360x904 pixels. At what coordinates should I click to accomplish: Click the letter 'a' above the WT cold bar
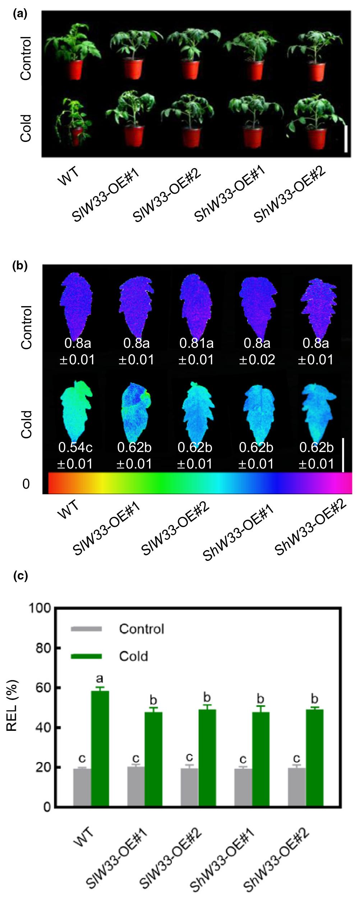pyautogui.click(x=100, y=678)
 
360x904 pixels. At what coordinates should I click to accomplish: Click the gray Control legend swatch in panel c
pyautogui.click(x=87, y=628)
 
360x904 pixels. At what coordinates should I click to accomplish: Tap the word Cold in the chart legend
pyautogui.click(x=133, y=656)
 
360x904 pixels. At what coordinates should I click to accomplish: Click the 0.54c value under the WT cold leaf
pyautogui.click(x=75, y=448)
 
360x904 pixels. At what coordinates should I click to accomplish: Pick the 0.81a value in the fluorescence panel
pyautogui.click(x=196, y=343)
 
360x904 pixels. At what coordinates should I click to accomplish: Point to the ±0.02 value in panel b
pyautogui.click(x=257, y=360)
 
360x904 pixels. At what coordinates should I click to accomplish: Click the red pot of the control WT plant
pyautogui.click(x=73, y=70)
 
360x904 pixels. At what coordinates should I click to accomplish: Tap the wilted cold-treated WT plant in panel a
pyautogui.click(x=72, y=122)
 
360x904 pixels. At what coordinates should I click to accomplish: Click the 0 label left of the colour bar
pyautogui.click(x=26, y=484)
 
